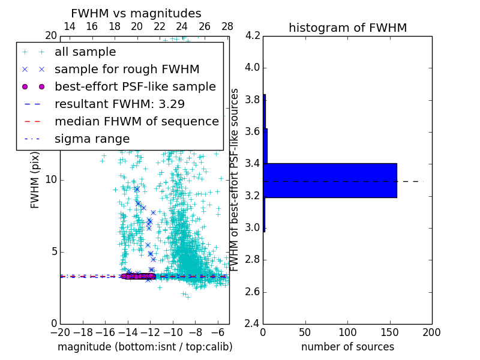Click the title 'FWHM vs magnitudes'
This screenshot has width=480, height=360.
tap(136, 13)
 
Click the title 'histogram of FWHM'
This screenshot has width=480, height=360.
tap(347, 28)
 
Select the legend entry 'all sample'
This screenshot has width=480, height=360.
tap(85, 52)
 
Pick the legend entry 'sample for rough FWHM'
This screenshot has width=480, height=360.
tap(127, 69)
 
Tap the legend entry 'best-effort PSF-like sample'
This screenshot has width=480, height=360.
tap(135, 86)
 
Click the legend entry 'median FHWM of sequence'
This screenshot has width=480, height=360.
tap(136, 121)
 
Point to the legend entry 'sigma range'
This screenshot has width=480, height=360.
tap(92, 139)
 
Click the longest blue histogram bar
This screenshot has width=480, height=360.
tap(330, 180)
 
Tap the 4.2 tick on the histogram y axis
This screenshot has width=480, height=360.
tap(252, 35)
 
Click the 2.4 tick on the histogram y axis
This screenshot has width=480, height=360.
tap(252, 324)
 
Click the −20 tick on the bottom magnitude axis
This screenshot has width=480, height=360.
tap(60, 332)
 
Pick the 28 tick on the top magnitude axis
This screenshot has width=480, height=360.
tap(227, 26)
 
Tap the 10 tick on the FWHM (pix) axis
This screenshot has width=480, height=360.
tap(51, 180)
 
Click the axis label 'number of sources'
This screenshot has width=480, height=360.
tap(347, 347)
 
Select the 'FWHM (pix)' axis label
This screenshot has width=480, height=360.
tap(35, 180)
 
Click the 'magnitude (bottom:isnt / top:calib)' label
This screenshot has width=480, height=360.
tap(145, 347)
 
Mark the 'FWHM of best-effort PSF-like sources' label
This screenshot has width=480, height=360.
tap(235, 180)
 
